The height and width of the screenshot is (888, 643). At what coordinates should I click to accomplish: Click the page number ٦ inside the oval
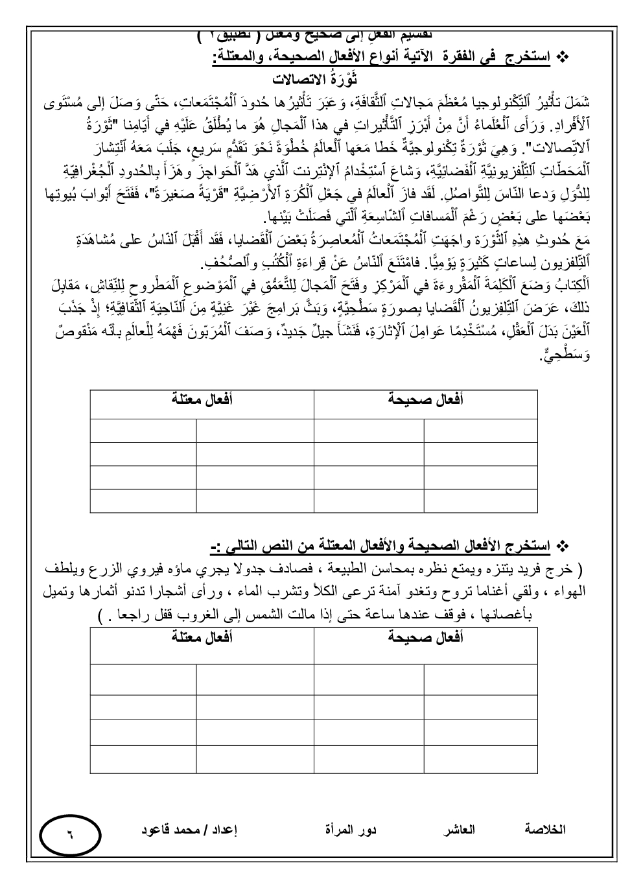click(70, 834)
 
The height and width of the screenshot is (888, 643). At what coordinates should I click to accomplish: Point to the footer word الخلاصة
click(544, 830)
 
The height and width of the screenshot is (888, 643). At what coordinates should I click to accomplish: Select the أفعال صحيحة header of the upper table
click(425, 400)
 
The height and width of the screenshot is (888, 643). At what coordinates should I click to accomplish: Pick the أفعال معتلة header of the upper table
click(202, 400)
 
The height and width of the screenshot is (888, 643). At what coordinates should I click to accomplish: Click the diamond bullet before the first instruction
click(563, 59)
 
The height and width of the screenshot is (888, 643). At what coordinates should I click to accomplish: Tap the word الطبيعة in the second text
click(351, 570)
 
